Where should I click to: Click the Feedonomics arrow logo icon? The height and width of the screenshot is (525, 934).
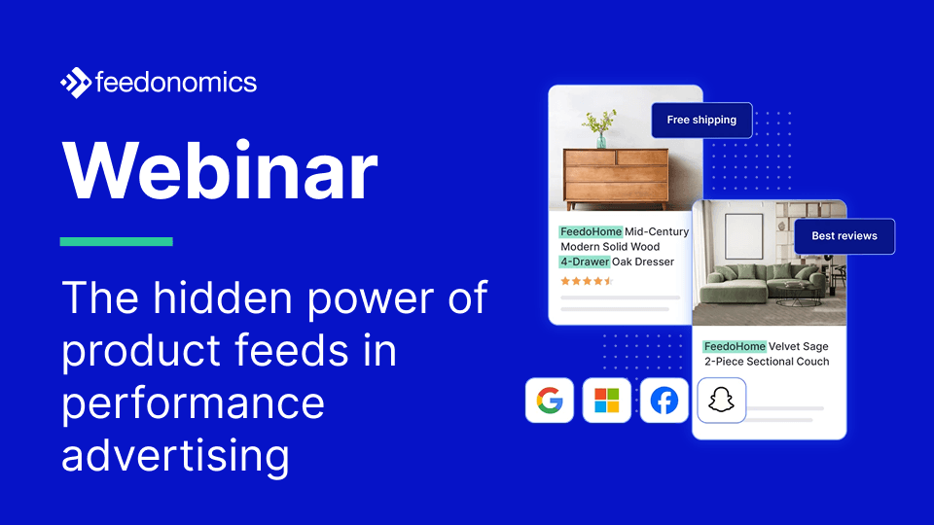point(76,84)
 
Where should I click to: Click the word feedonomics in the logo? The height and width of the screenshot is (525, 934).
point(176,83)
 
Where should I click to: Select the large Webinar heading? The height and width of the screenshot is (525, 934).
point(220,171)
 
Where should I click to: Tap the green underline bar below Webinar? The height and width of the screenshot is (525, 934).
point(116,241)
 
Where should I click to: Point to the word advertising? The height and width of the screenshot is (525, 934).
point(175,455)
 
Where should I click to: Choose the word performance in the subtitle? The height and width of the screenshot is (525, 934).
point(193,402)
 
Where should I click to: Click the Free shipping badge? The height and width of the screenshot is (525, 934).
point(701,120)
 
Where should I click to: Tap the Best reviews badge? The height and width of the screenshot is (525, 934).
point(844,236)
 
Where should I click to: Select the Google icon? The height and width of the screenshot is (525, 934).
point(550,400)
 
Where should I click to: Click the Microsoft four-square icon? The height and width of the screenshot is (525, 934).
point(607,400)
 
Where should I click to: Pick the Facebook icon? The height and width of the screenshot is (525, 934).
point(665,400)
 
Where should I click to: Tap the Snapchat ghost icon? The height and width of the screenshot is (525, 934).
point(721,400)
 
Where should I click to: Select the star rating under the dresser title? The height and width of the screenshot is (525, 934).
point(587,281)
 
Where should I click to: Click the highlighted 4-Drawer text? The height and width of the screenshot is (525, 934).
point(584,262)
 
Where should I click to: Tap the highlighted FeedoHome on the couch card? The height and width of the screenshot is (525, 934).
point(734,346)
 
